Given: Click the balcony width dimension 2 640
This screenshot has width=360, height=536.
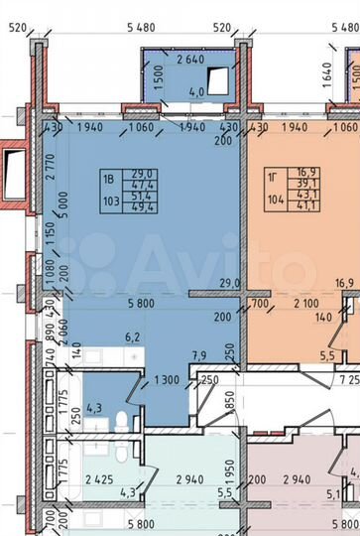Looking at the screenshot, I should tap(195, 59).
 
